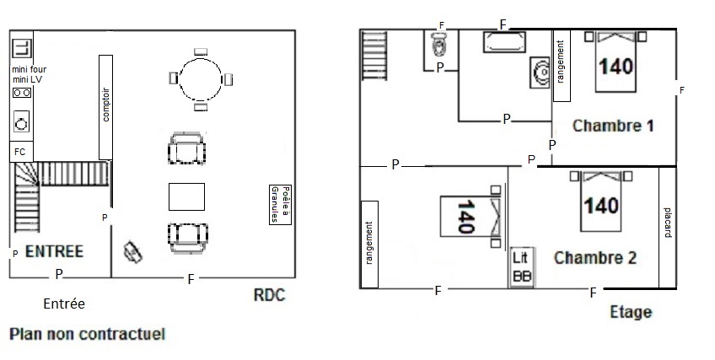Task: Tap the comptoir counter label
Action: pyautogui.click(x=105, y=105)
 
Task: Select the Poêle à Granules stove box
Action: pyautogui.click(x=280, y=204)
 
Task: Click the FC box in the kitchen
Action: pyautogui.click(x=21, y=152)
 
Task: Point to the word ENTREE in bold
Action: pyautogui.click(x=54, y=251)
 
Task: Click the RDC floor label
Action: pyautogui.click(x=269, y=295)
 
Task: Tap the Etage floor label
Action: pyautogui.click(x=631, y=313)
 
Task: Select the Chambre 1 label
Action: pyautogui.click(x=613, y=126)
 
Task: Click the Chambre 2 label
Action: pyautogui.click(x=595, y=257)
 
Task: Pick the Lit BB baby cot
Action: pyautogui.click(x=522, y=267)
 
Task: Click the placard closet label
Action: pyautogui.click(x=668, y=223)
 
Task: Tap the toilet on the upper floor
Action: pyautogui.click(x=439, y=44)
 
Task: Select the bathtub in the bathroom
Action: pyautogui.click(x=504, y=42)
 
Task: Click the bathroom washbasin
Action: pyautogui.click(x=540, y=72)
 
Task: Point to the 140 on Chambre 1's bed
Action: pyautogui.click(x=616, y=67)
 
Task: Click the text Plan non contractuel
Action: pyautogui.click(x=88, y=334)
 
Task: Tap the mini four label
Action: pyautogui.click(x=30, y=70)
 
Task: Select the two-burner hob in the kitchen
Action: pyautogui.click(x=22, y=93)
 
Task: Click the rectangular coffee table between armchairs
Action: pyautogui.click(x=186, y=196)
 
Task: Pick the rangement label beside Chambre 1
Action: pyautogui.click(x=561, y=62)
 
